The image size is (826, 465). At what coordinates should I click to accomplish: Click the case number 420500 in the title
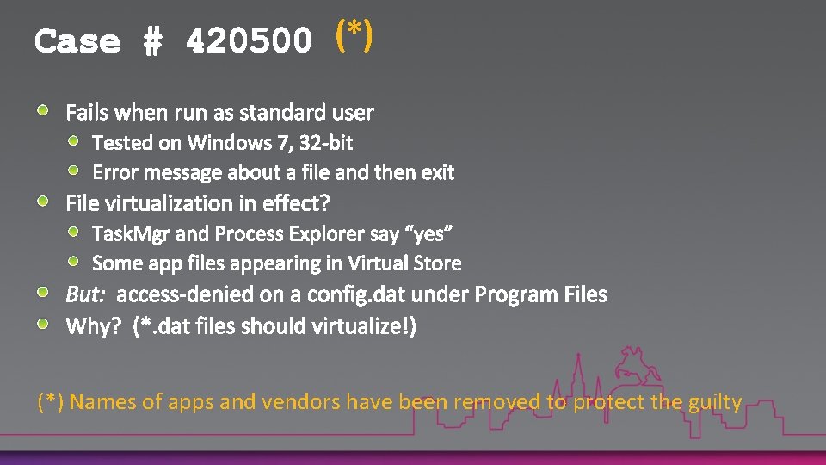pyautogui.click(x=249, y=41)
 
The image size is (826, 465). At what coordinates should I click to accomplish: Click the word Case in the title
pyautogui.click(x=77, y=41)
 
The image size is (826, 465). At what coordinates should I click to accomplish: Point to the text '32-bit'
pyautogui.click(x=326, y=142)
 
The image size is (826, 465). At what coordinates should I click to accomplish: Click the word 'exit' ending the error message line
pyautogui.click(x=437, y=172)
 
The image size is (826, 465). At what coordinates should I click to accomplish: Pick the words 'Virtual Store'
pyautogui.click(x=410, y=263)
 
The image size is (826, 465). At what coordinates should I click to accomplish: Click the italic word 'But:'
pyautogui.click(x=85, y=295)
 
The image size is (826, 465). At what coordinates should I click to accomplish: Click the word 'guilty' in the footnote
pyautogui.click(x=715, y=402)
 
